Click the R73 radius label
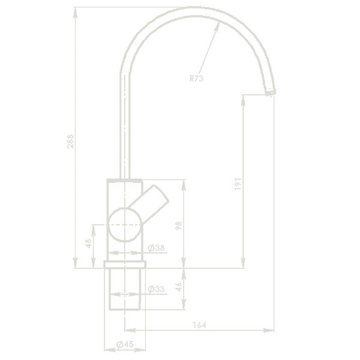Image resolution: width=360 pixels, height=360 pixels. [197, 78]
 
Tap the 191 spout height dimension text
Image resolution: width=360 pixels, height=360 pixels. [237, 184]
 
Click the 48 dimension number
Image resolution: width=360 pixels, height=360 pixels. [88, 244]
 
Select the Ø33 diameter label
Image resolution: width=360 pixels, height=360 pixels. [156, 289]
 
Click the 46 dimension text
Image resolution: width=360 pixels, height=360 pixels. [178, 286]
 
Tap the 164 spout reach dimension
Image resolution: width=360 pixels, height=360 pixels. [199, 325]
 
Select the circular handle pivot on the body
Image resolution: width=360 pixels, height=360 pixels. [124, 223]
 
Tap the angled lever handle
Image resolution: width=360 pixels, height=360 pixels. [154, 202]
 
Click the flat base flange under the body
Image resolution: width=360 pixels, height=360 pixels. [125, 265]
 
